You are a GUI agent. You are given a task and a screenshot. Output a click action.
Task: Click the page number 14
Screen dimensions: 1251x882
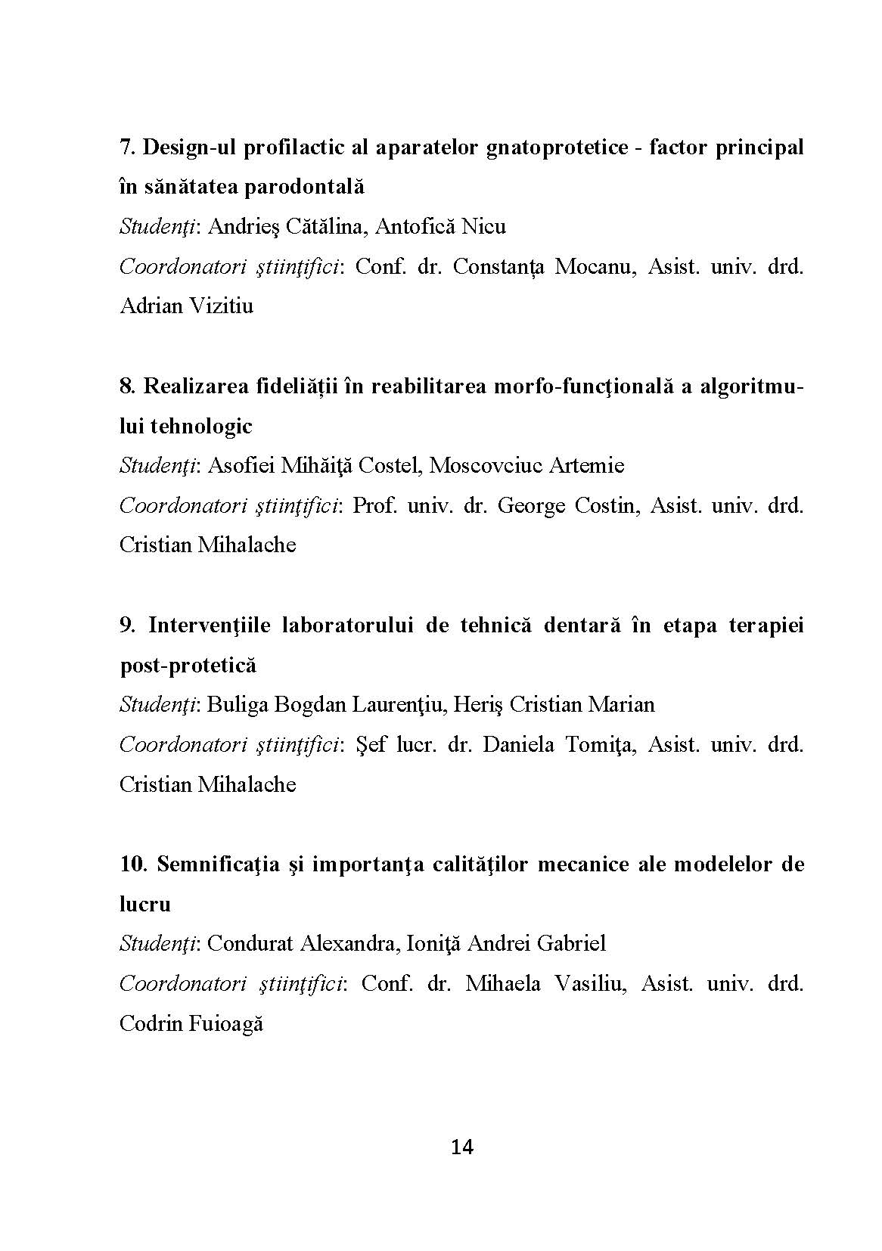[x=461, y=1147]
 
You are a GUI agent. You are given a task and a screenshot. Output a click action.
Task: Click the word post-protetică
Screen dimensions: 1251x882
[x=188, y=666]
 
